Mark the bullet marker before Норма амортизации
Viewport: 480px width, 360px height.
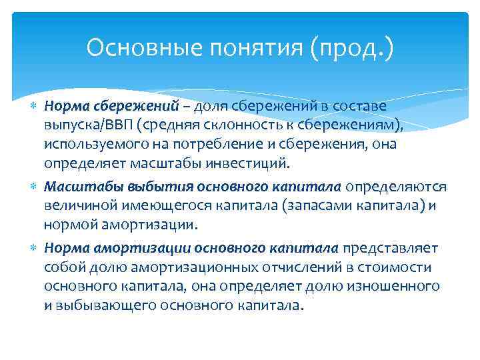pyautogui.click(x=35, y=248)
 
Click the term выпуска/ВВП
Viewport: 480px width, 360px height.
pyautogui.click(x=83, y=125)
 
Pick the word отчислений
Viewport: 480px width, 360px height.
pyautogui.click(x=265, y=267)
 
